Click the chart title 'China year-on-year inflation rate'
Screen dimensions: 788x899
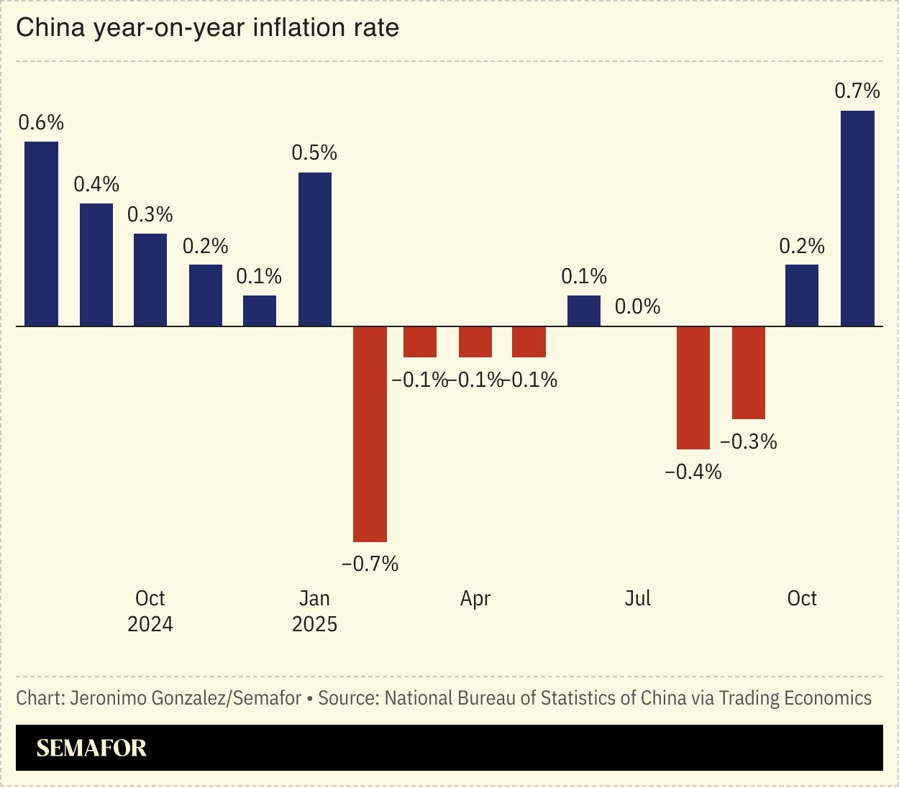[x=207, y=28]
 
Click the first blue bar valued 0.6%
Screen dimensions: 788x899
[x=42, y=234]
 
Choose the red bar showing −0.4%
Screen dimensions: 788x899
[x=693, y=388]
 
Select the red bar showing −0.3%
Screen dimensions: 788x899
[x=748, y=372]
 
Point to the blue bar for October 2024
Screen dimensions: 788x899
[x=150, y=280]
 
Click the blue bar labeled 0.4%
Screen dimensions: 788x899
[x=96, y=265]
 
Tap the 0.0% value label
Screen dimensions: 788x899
[x=637, y=307]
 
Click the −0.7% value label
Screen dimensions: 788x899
[x=370, y=564]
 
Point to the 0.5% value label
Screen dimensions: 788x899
[x=314, y=153]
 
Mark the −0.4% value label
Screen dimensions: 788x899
[x=693, y=472]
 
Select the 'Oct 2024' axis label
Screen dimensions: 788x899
[x=150, y=611]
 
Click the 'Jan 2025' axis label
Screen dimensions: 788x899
[x=314, y=611]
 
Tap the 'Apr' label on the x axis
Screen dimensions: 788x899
[x=475, y=599]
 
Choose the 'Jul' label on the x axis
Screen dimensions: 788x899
[x=637, y=599]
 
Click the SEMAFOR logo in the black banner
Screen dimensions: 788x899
[x=91, y=748]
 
